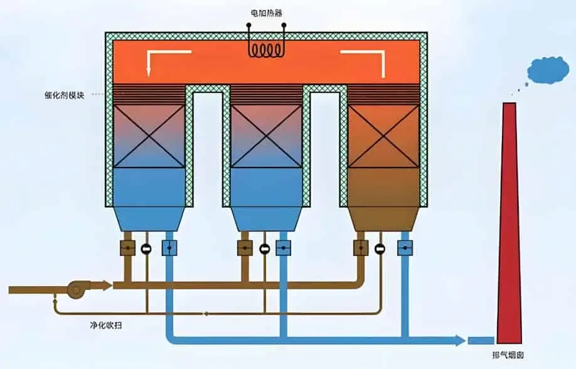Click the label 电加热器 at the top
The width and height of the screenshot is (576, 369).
pos(267,13)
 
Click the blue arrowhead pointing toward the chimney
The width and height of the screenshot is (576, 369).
pos(460,340)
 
